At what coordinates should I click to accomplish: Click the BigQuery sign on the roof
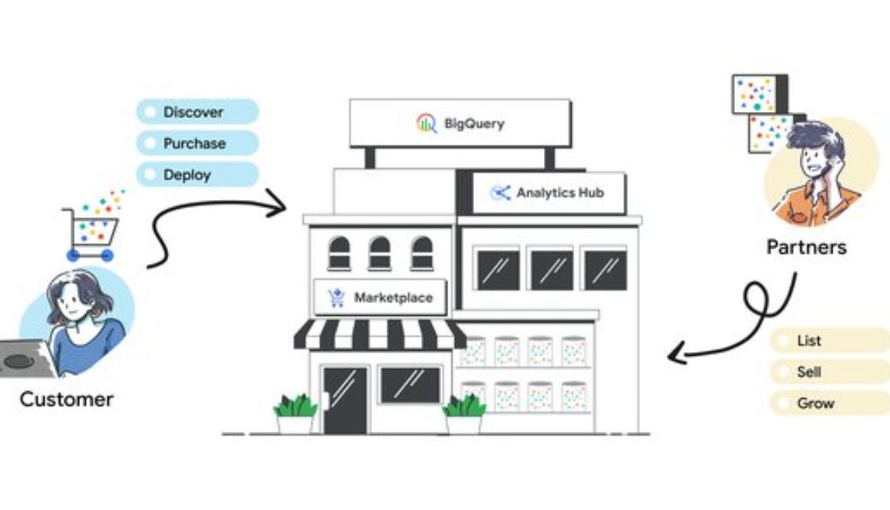(460, 123)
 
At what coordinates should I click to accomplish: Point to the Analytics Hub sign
(548, 193)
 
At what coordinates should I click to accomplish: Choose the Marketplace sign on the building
(381, 298)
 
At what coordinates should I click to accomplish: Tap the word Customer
(67, 400)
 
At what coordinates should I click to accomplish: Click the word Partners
(806, 247)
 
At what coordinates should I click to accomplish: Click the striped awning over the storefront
(381, 334)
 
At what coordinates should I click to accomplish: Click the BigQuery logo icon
(427, 123)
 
